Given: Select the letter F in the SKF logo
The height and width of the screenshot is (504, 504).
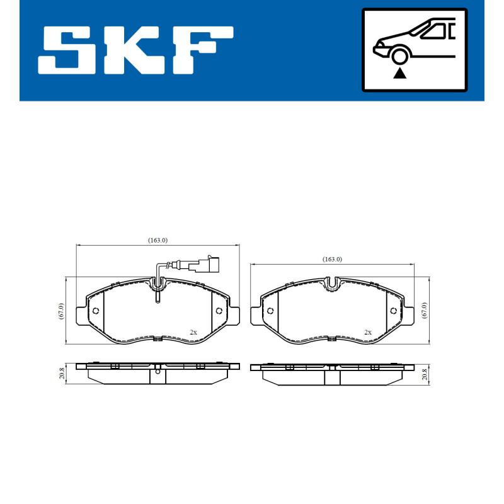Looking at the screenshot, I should [201, 50].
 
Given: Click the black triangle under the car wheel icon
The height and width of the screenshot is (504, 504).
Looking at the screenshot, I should [398, 74].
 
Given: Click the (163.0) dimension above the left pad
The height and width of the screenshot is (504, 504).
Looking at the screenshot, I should [157, 240].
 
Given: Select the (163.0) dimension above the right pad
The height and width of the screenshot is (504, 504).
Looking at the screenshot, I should [332, 259].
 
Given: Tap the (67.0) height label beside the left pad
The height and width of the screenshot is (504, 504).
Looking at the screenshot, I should [60, 311].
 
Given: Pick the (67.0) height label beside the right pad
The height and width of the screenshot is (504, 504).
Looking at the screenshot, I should [424, 311].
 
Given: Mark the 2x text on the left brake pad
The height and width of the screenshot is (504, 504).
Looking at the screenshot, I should [193, 331].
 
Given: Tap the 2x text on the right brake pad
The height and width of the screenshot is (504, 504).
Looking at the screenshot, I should [367, 331].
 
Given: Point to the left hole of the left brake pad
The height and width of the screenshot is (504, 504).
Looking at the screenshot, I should [95, 311].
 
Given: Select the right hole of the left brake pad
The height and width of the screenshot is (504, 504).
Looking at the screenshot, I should [219, 311].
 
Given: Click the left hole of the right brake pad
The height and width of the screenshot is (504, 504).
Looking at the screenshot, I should [270, 311].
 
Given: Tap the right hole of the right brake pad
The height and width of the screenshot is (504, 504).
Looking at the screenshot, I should [393, 311].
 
